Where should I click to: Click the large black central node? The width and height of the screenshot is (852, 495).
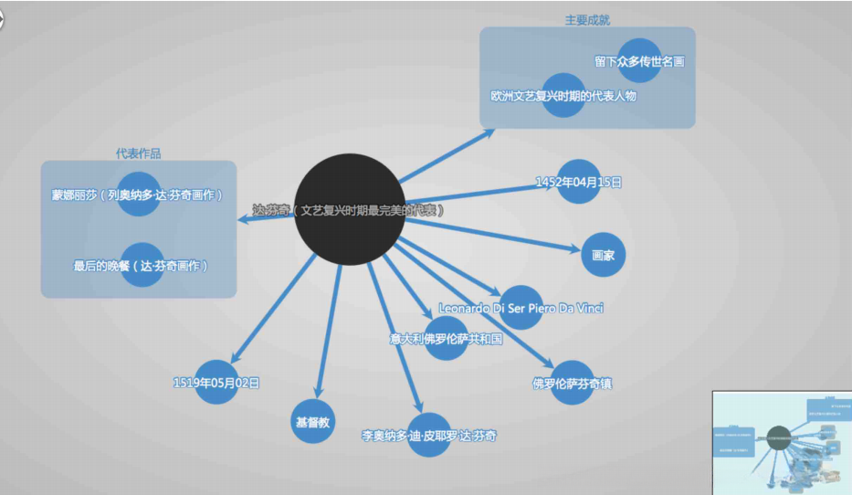click(x=350, y=210)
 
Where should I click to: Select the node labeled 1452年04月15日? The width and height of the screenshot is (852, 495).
click(x=578, y=182)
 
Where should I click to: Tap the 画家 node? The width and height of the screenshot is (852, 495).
click(x=603, y=256)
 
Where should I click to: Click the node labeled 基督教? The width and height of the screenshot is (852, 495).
click(x=313, y=422)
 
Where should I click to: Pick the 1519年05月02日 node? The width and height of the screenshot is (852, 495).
click(x=216, y=383)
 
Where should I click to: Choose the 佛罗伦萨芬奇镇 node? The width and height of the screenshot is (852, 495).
click(x=573, y=383)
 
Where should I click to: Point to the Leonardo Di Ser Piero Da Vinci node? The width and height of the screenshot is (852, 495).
click(x=521, y=308)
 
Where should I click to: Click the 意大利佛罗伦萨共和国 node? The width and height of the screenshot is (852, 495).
click(x=446, y=338)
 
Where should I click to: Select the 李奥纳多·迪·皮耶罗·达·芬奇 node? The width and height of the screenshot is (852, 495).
click(x=429, y=436)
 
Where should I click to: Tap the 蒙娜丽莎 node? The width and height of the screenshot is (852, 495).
click(x=139, y=195)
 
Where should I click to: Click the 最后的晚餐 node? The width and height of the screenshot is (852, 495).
click(x=142, y=266)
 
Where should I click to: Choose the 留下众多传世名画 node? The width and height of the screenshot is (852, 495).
click(x=639, y=61)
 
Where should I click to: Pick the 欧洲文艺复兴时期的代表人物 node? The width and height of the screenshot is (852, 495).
click(x=563, y=95)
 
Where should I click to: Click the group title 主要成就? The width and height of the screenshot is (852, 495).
click(x=587, y=19)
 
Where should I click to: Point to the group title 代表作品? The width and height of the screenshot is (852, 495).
click(x=139, y=153)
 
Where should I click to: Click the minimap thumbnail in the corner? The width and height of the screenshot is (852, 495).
click(x=782, y=442)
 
